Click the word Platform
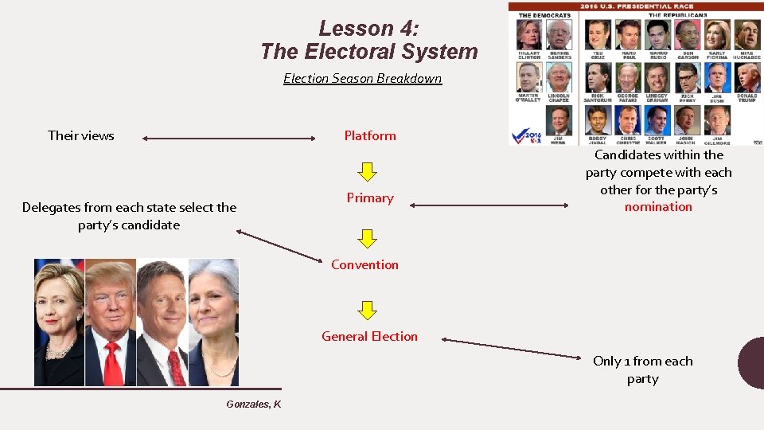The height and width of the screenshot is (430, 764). [x=370, y=135]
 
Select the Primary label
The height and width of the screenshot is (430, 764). [x=370, y=197]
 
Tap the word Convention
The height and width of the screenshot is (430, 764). [x=365, y=264]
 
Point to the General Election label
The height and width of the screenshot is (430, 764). [x=369, y=336]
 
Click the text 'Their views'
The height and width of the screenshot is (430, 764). [x=81, y=135]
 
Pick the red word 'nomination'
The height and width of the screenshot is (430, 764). [x=658, y=207]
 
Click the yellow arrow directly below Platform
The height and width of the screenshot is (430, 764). [x=365, y=170]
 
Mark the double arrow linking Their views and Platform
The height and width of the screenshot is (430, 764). [x=229, y=139]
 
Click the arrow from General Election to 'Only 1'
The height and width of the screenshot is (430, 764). [x=517, y=347]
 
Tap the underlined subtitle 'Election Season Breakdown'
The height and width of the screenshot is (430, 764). [x=362, y=78]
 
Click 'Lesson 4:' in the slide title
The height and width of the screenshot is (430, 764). [x=368, y=29]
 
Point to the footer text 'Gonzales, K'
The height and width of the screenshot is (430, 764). [x=253, y=405]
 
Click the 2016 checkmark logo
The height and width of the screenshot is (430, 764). [x=527, y=135]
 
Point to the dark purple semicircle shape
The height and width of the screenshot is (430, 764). [x=752, y=362]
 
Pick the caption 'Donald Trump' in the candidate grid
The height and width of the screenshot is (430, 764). [x=746, y=98]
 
